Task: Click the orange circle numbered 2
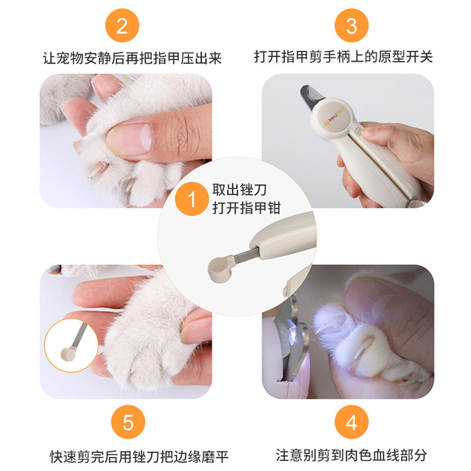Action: pos(122,25)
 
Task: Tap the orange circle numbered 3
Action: pos(351,25)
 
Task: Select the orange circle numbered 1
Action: pos(192,199)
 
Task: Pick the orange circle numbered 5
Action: pos(128,422)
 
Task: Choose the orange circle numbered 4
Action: pos(351,422)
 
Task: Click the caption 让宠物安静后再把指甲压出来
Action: pos(132,58)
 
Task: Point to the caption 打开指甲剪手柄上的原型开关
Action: pos(343,57)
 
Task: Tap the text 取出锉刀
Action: pos(240,190)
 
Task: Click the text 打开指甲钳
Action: pos(246,208)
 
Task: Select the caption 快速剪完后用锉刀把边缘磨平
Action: pos(139,457)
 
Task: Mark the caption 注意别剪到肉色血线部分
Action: pos(351,455)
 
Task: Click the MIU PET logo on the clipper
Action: pos(334,117)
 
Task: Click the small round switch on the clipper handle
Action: pos(357,131)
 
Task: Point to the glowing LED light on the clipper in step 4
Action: pos(293,331)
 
